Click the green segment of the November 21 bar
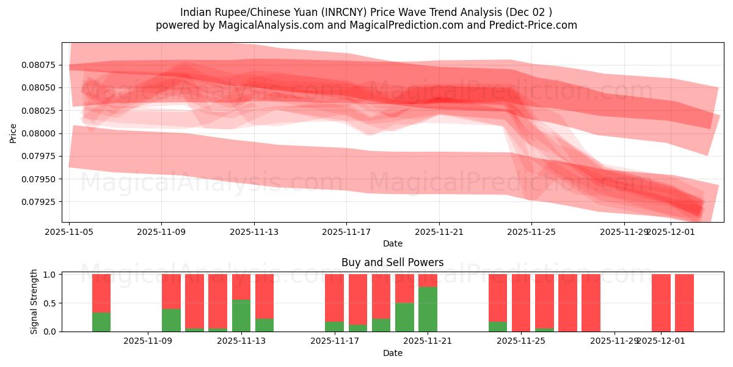(x=428, y=309)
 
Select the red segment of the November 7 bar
(x=101, y=293)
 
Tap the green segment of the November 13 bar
(x=241, y=316)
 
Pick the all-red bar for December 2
(x=684, y=303)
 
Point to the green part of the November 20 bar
(x=404, y=317)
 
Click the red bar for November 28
(x=591, y=303)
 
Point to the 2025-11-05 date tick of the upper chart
(x=70, y=232)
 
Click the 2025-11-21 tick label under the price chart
(x=439, y=232)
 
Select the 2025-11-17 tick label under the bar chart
(x=334, y=341)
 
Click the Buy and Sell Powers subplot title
(x=392, y=262)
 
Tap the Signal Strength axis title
(x=34, y=302)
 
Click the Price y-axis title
(x=13, y=133)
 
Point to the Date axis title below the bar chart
(x=392, y=353)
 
